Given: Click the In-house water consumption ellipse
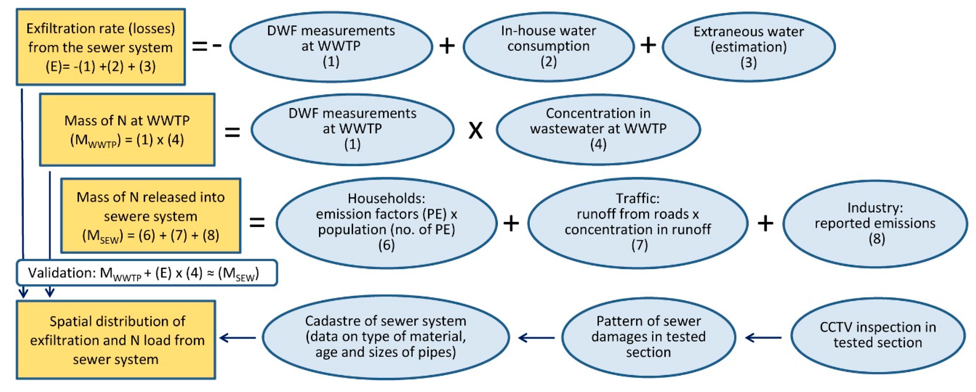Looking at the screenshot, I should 548,47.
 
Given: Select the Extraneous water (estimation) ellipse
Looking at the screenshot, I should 748,47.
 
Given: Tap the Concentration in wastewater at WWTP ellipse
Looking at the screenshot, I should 598,129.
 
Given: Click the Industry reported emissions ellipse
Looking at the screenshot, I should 875,224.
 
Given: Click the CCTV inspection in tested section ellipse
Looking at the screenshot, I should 877,335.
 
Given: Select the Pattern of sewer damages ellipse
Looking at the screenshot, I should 648,337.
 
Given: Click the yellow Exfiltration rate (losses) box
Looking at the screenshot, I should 100,47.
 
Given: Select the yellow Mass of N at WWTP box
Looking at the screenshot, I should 127,130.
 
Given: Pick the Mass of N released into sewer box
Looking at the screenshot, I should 150,216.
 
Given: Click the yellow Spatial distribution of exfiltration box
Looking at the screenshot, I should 116,340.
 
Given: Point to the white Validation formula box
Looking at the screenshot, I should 147,273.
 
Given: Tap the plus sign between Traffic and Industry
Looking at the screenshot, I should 765,223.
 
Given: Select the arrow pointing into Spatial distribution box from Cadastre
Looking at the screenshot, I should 237,337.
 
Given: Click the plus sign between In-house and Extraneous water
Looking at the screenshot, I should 648,46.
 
